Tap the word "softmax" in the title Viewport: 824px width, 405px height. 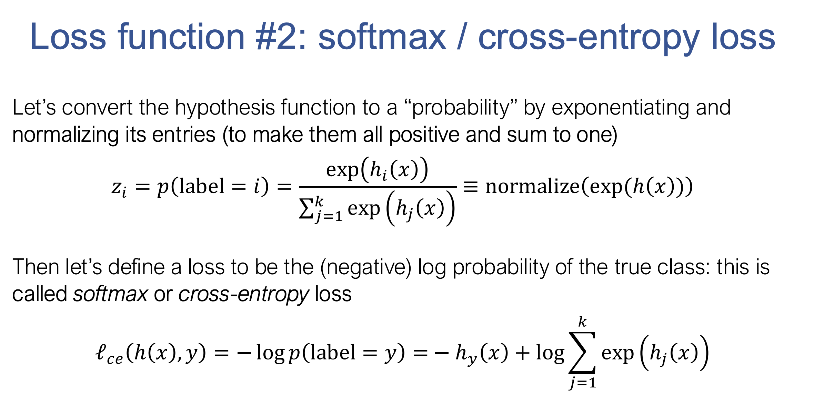click(382, 36)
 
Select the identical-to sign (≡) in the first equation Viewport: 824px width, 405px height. click(471, 187)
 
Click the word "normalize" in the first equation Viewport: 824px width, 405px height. click(533, 186)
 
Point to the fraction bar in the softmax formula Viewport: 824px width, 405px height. click(378, 187)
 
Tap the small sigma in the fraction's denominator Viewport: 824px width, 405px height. click(306, 209)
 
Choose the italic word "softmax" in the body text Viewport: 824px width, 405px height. click(111, 294)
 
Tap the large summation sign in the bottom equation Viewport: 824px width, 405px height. click(582, 353)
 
